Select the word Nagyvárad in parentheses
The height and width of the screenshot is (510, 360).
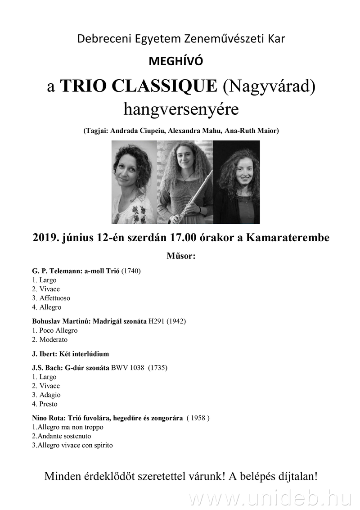coord(269,86)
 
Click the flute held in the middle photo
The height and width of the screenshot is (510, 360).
coord(189,198)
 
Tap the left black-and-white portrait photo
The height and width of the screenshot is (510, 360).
coord(134,182)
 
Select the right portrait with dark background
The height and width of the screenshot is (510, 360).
coord(236,182)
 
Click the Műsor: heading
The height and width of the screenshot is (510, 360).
coord(181,257)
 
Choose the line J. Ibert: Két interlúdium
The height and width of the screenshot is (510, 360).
coord(71,354)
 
